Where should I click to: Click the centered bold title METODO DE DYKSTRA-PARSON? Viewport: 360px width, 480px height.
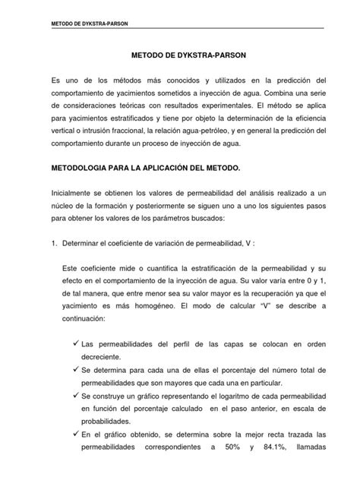click(180, 55)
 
